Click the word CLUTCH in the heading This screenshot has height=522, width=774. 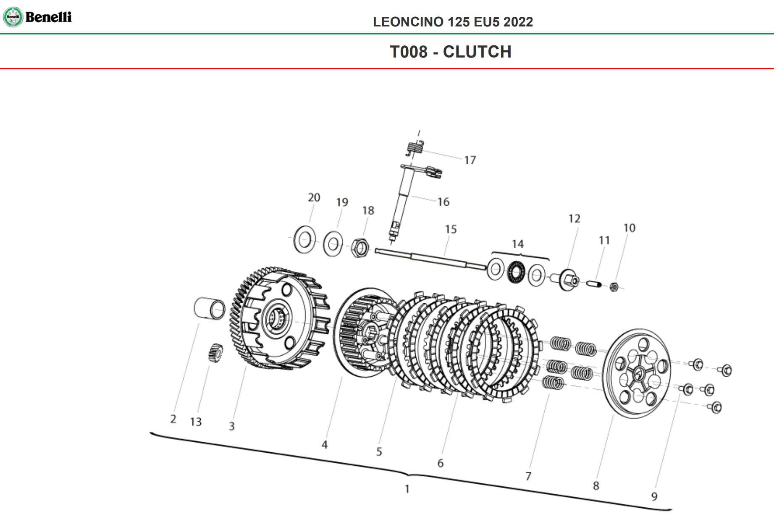(x=477, y=52)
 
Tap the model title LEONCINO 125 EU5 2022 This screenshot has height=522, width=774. (x=453, y=22)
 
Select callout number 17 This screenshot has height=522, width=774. (x=470, y=160)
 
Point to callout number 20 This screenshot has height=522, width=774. (x=314, y=197)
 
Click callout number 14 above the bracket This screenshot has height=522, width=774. (x=517, y=244)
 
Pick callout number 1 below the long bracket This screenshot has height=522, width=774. (x=407, y=489)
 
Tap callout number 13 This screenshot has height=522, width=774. (x=196, y=422)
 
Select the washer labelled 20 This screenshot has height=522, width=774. (x=304, y=240)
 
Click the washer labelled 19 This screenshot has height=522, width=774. (x=333, y=244)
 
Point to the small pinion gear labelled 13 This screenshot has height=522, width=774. (x=215, y=352)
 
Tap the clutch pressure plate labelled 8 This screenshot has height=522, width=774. (x=637, y=374)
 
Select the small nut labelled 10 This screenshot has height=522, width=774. (x=614, y=287)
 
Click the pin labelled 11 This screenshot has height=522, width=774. (x=593, y=284)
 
